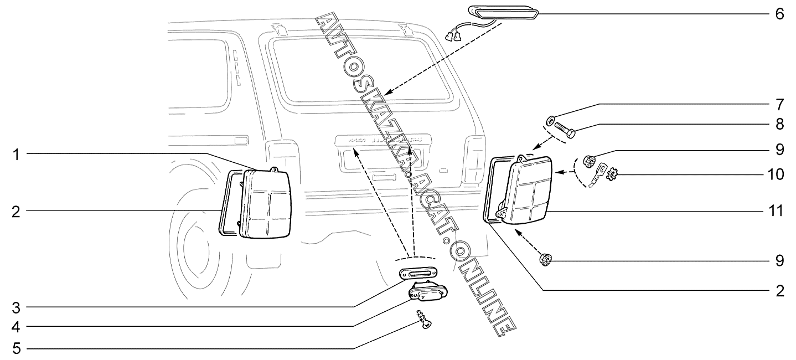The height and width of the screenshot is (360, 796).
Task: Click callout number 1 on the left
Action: click(17, 155)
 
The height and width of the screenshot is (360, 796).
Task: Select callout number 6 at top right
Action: click(779, 13)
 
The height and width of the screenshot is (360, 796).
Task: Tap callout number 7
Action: click(779, 104)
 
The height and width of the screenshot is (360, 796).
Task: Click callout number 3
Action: click(17, 306)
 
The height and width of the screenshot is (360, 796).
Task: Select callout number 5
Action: click(17, 349)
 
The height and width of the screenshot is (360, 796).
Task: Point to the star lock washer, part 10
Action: click(612, 176)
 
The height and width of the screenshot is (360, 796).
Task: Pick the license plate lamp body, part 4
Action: click(427, 292)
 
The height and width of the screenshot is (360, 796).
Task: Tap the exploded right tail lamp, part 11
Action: click(529, 191)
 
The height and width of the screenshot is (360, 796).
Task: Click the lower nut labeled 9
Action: click(545, 259)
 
